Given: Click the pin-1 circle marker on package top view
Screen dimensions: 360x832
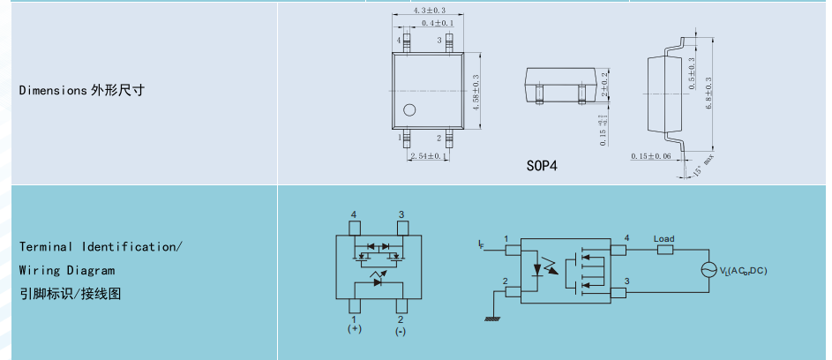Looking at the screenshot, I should tap(409, 110).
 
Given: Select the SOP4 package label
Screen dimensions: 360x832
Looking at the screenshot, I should tap(542, 165).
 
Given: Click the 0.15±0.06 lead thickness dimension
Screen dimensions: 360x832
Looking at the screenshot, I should tap(651, 156).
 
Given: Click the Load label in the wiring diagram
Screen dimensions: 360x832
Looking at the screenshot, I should tap(663, 239).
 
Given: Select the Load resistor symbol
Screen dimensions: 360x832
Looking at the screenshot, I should tap(664, 251).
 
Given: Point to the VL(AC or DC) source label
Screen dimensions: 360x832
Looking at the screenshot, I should tap(743, 270).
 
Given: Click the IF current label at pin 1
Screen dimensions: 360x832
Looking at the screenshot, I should tap(480, 242).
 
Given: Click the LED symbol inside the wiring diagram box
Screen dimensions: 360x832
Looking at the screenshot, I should tap(536, 265).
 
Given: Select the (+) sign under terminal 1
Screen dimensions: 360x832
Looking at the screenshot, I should tap(354, 330).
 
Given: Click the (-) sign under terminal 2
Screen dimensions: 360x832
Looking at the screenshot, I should tap(401, 331).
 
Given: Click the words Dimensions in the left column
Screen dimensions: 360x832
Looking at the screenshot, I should tap(51, 90).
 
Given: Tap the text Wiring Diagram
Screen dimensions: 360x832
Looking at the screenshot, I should tap(67, 270).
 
